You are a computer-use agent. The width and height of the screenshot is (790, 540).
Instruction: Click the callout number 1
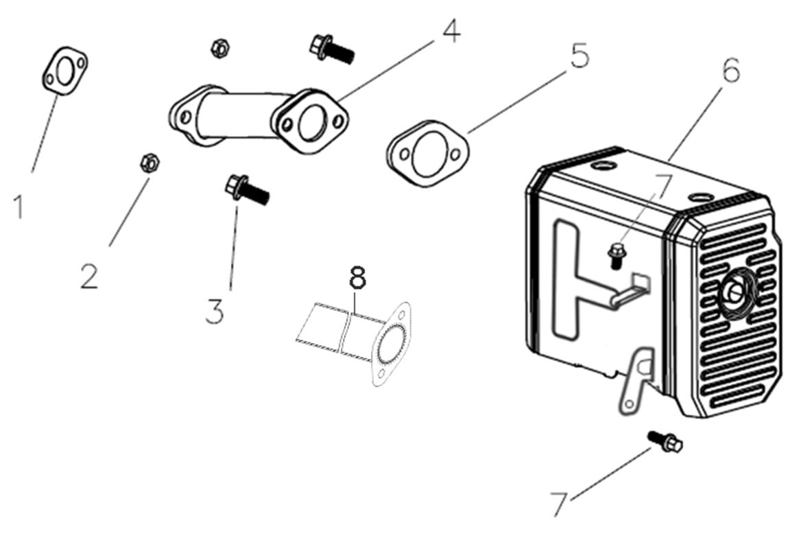(x=19, y=206)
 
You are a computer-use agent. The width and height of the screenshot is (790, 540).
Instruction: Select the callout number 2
(x=88, y=276)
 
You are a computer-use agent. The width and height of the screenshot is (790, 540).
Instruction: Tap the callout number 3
(x=214, y=311)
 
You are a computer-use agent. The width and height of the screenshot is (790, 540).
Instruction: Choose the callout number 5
(x=579, y=56)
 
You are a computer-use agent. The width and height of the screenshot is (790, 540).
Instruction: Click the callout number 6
(x=731, y=70)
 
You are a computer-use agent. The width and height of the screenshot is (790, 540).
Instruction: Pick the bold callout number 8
(x=357, y=279)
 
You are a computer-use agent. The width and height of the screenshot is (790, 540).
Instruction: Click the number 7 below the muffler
(x=560, y=504)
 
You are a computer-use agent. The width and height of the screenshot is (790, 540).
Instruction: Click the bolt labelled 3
(x=247, y=189)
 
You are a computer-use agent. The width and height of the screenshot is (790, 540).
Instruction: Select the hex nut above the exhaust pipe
(x=219, y=48)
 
